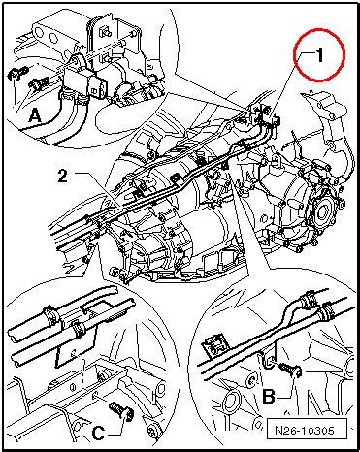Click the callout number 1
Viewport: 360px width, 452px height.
click(320, 55)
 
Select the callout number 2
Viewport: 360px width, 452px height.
click(62, 177)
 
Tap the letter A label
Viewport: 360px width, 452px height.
click(35, 116)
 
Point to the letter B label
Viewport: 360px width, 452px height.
click(269, 396)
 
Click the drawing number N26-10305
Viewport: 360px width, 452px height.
click(305, 431)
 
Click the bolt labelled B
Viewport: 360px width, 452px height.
click(289, 370)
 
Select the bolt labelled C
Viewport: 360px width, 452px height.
click(121, 410)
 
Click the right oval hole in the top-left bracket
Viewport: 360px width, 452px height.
click(54, 38)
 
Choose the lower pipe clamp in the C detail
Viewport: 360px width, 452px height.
click(78, 329)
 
